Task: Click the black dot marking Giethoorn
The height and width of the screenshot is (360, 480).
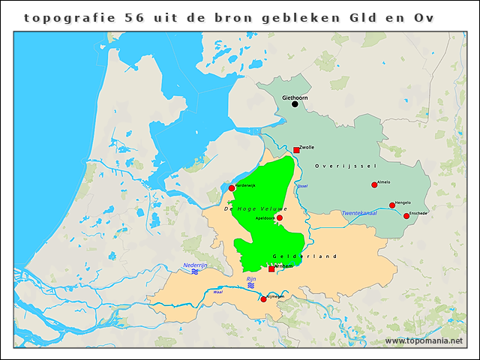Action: pyautogui.click(x=295, y=104)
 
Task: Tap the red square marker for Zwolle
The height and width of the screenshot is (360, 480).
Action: pyautogui.click(x=297, y=151)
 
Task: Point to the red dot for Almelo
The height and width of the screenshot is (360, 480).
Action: pyautogui.click(x=374, y=185)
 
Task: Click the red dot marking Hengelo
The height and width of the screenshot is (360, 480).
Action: pyautogui.click(x=392, y=205)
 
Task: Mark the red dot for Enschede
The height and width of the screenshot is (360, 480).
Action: pyautogui.click(x=406, y=216)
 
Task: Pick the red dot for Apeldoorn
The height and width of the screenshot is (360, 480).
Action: pyautogui.click(x=280, y=218)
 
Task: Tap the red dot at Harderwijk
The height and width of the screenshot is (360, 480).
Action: pyautogui.click(x=231, y=188)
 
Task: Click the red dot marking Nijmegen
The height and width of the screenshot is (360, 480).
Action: pyautogui.click(x=263, y=299)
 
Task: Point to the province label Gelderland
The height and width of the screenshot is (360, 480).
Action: pyautogui.click(x=305, y=256)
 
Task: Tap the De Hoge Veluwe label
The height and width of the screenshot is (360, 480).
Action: pyautogui.click(x=250, y=208)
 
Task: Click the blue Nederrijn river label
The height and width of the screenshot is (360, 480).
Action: pyautogui.click(x=194, y=265)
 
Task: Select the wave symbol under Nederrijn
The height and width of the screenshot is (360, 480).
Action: pyautogui.click(x=194, y=272)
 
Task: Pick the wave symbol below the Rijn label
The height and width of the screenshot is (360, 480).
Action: pyautogui.click(x=251, y=286)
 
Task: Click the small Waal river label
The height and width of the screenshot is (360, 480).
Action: pyautogui.click(x=217, y=292)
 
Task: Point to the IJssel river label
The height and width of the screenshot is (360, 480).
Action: pyautogui.click(x=302, y=186)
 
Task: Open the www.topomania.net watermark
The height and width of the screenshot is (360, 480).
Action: pyautogui.click(x=424, y=341)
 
